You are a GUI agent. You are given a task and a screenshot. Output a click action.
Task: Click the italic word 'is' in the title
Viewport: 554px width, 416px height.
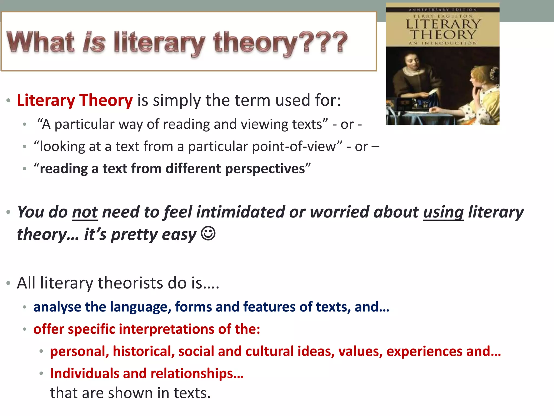[x=94, y=43]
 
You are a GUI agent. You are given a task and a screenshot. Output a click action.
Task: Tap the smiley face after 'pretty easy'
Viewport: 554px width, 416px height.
[x=208, y=233]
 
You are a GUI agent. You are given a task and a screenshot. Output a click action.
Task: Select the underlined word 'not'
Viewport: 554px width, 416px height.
[x=85, y=212]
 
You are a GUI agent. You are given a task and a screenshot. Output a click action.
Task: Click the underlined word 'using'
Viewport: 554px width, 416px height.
[x=443, y=212]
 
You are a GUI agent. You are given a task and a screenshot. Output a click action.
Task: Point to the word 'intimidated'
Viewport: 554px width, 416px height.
[x=240, y=212]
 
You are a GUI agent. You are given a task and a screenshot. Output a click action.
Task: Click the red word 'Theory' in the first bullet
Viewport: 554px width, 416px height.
[x=106, y=100]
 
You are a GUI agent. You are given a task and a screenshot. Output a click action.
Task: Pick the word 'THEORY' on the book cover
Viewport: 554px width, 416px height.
[x=443, y=35]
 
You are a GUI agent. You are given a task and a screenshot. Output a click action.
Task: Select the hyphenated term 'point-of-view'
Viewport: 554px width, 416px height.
[x=294, y=147]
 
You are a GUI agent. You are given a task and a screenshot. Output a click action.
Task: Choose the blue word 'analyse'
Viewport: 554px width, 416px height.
[x=57, y=307]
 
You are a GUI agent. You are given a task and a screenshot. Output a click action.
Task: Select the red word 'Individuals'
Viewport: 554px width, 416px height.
[x=84, y=373]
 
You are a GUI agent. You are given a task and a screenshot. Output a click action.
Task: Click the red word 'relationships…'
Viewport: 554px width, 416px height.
[x=197, y=373]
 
